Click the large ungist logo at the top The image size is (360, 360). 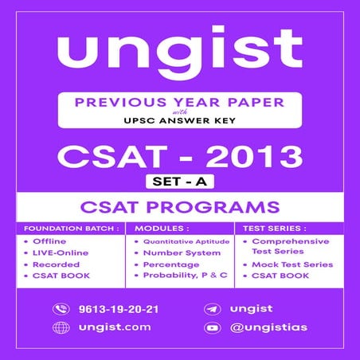point(179,52)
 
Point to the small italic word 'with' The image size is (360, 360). point(180,114)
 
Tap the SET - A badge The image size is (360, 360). point(180,182)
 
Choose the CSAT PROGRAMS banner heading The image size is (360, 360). point(180,209)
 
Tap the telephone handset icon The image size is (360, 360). point(61,309)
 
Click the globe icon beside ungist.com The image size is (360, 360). point(61,327)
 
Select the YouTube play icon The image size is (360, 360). point(213,327)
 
